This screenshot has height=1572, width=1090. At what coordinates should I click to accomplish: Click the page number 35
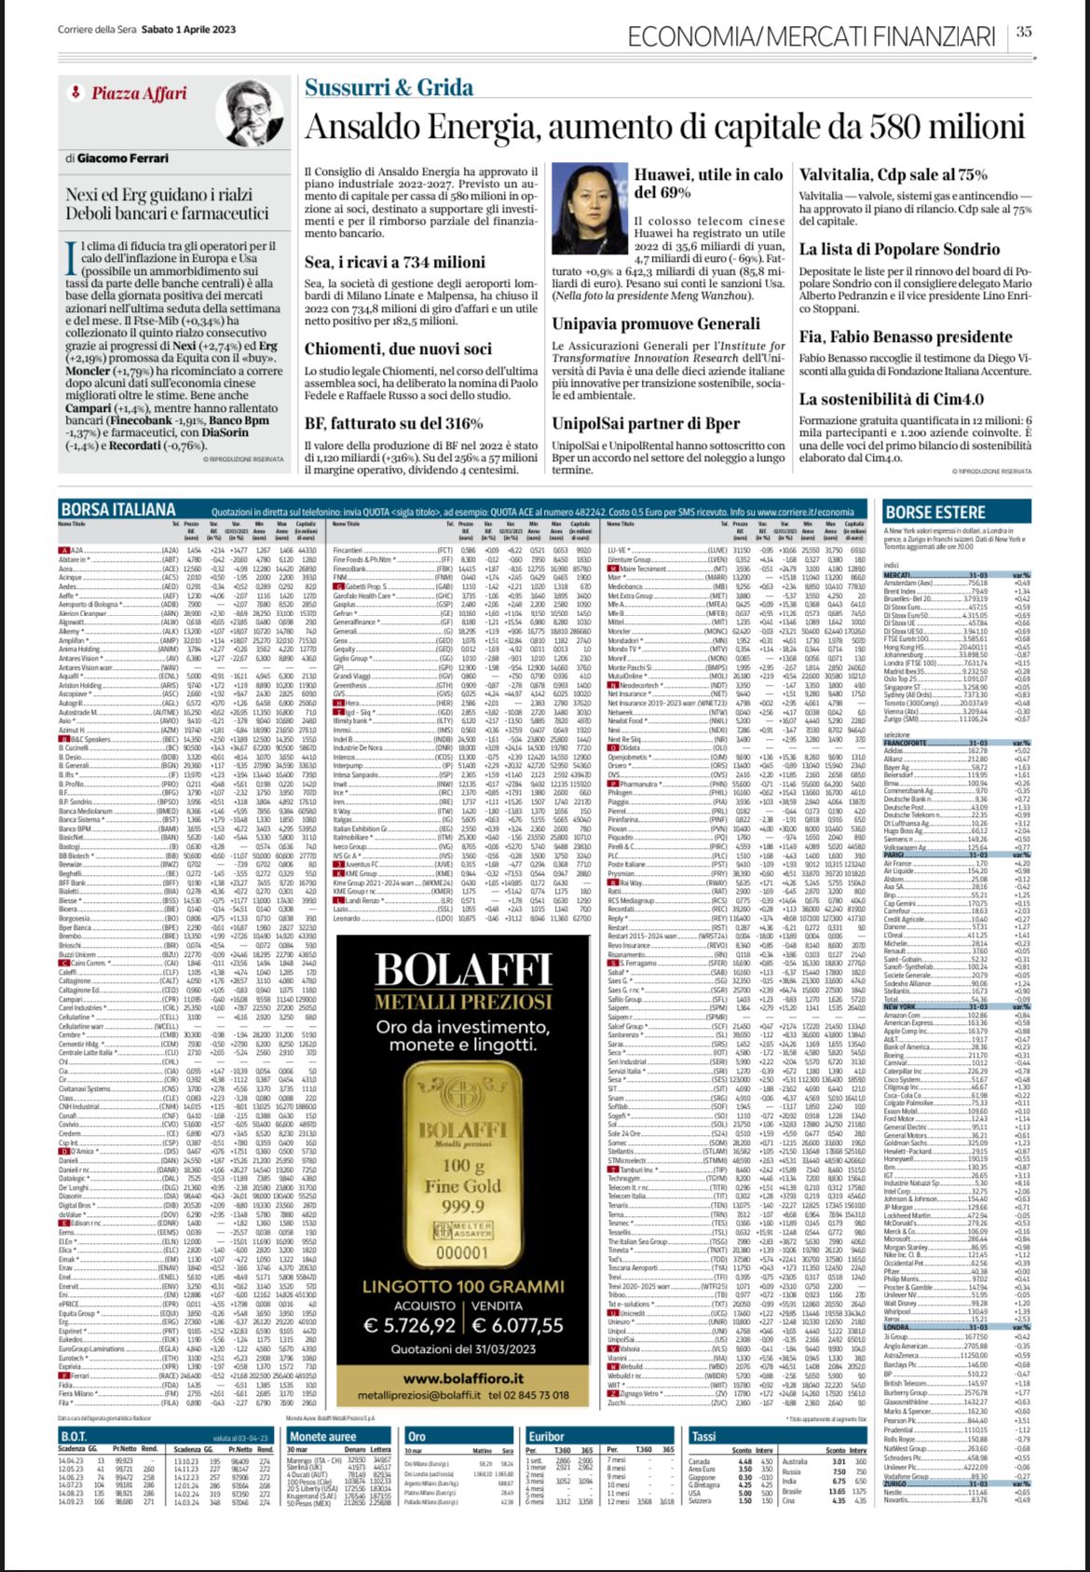pyautogui.click(x=1024, y=32)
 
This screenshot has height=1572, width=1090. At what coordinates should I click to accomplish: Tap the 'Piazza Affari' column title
pyautogui.click(x=139, y=93)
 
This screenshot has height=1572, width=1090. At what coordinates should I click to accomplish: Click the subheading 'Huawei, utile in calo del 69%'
pyautogui.click(x=708, y=184)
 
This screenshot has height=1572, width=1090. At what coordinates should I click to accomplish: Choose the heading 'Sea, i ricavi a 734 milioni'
pyautogui.click(x=394, y=263)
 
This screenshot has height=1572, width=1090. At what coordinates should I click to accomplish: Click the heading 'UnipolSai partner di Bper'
pyautogui.click(x=646, y=423)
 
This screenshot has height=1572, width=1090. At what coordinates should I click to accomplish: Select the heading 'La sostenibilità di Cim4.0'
pyautogui.click(x=892, y=399)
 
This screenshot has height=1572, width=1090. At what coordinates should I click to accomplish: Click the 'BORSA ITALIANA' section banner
pyautogui.click(x=117, y=510)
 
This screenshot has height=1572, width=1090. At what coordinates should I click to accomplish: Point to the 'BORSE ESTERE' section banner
pyautogui.click(x=934, y=512)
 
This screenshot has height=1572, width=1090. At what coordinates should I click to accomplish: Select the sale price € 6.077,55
pyautogui.click(x=517, y=1325)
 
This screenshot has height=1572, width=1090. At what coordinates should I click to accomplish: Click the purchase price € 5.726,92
pyautogui.click(x=410, y=1325)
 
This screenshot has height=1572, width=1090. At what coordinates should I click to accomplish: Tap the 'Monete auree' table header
pyautogui.click(x=322, y=1436)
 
